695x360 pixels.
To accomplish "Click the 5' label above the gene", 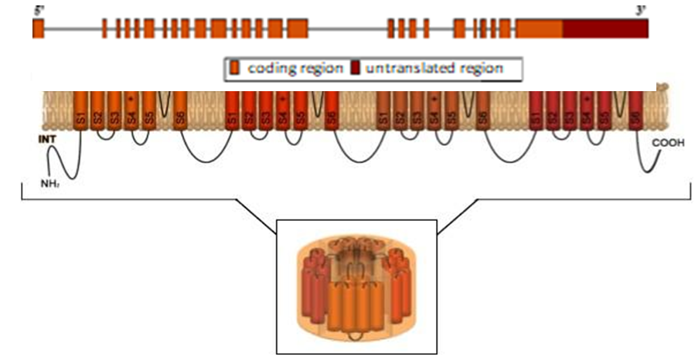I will [x=36, y=10].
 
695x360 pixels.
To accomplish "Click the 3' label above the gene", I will [x=641, y=10].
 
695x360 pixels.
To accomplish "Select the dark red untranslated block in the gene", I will [x=605, y=28].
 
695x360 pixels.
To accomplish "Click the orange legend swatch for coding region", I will [x=235, y=69].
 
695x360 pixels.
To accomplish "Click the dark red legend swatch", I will [x=356, y=69].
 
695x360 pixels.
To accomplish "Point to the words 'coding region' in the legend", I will [x=295, y=69].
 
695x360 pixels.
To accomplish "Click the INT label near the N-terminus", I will [x=48, y=141].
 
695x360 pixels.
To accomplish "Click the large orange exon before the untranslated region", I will [x=539, y=28].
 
